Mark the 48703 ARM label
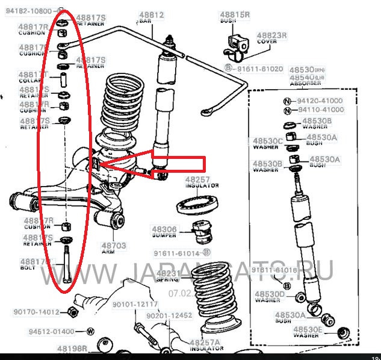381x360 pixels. click(x=113, y=249)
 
